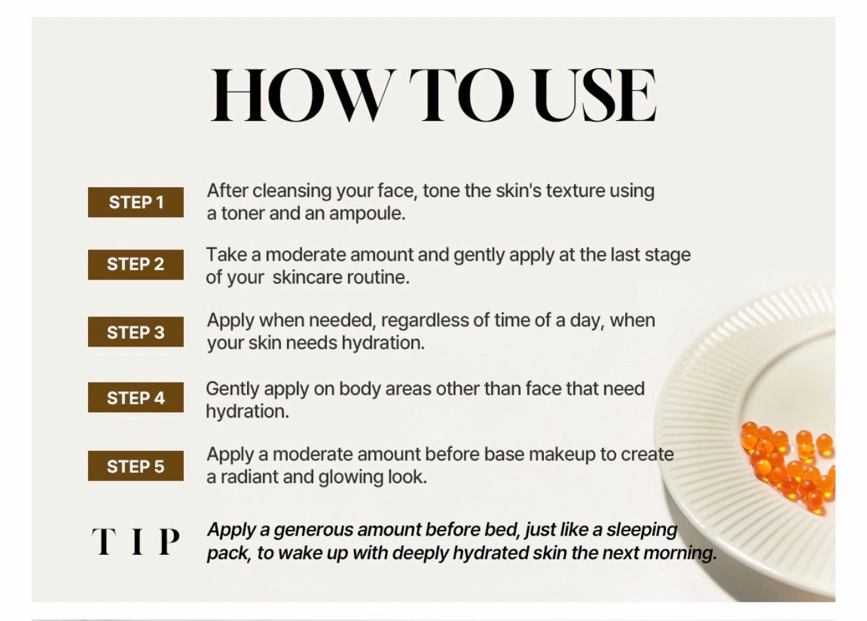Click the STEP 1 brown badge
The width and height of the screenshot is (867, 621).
coord(136,202)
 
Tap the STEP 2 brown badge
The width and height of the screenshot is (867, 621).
coord(136,265)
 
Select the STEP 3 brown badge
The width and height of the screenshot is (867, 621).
coord(136,332)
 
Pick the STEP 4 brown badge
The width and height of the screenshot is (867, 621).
coord(136,397)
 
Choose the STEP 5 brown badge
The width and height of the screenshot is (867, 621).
coord(136,466)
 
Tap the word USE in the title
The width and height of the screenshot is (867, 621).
coord(594,95)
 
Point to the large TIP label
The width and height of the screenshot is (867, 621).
coord(136,541)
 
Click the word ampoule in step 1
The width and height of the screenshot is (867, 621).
coord(367,214)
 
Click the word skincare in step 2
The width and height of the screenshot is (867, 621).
coord(307,278)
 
